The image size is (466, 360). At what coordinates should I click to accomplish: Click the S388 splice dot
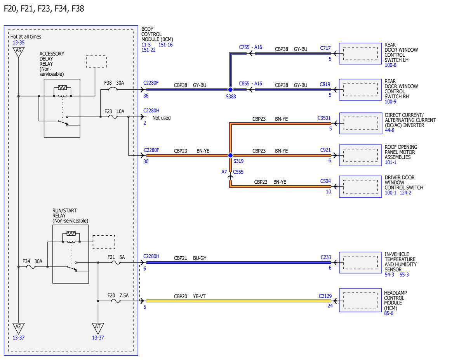pos(230,90)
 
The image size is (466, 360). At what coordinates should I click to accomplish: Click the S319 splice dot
pos(230,155)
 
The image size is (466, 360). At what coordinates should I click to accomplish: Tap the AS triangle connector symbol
pos(18,52)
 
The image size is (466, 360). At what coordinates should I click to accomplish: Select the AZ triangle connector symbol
pos(18,328)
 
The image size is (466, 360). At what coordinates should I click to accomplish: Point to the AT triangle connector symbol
pos(98,328)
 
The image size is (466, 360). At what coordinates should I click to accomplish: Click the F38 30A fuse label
pos(114,83)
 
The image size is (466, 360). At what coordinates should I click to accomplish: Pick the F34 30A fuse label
pos(32,261)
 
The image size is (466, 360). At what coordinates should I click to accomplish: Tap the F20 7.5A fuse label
pos(118,296)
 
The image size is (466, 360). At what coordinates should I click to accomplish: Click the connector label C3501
pos(324,118)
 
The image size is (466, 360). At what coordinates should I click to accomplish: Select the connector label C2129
pos(325,296)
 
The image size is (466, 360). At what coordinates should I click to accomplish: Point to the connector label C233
pos(326,257)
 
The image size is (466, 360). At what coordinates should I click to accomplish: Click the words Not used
pos(162,118)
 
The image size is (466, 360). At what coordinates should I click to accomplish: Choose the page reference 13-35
pos(19,42)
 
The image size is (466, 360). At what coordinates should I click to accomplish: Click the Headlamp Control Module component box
pos(360,300)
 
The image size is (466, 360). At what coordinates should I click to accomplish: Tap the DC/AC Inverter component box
pos(361,123)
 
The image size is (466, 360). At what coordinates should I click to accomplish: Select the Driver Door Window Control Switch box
pos(360,186)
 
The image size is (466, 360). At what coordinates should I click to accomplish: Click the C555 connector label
pos(238,172)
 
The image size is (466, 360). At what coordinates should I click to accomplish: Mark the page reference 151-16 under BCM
pos(165,45)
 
